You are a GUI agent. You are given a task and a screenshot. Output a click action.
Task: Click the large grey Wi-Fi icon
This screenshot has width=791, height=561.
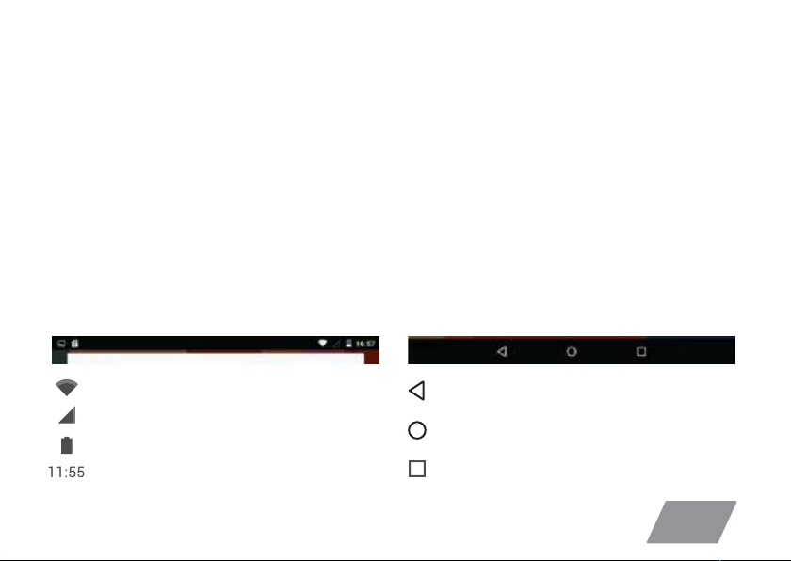click(x=67, y=387)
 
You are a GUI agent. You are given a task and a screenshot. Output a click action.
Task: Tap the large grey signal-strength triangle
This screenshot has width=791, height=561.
click(x=69, y=416)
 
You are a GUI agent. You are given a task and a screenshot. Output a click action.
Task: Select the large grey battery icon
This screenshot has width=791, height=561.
click(x=67, y=445)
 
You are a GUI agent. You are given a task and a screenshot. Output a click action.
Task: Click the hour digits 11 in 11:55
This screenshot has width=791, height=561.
click(x=55, y=473)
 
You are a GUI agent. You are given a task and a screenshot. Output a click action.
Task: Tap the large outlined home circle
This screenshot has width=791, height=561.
click(x=416, y=422)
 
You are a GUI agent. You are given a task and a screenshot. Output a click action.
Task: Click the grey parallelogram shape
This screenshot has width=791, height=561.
click(x=691, y=521)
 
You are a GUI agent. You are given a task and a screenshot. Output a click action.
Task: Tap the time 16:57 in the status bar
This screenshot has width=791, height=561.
click(x=365, y=344)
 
